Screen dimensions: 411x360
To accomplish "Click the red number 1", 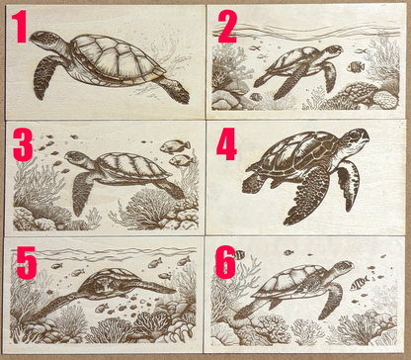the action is [20, 27].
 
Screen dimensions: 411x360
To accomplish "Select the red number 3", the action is [23, 144].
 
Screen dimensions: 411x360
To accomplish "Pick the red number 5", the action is [26, 262].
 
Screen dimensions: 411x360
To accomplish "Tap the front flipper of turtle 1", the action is [45, 76].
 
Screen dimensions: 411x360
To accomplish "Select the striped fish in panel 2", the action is [356, 67].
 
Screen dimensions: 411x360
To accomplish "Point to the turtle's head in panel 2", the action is [333, 50].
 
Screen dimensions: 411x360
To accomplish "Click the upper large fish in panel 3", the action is [175, 146].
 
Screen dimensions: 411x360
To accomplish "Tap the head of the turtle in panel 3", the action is [77, 157].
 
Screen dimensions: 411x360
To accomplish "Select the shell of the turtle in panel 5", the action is [110, 283].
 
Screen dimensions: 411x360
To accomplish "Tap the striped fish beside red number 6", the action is [239, 255].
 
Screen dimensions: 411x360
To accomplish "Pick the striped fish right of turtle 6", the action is [360, 283].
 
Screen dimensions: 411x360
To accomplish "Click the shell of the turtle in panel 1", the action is [118, 60].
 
